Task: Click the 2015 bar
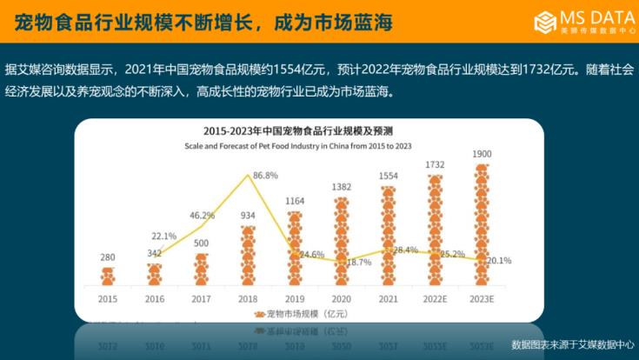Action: (x=108, y=277)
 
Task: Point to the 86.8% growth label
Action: (x=264, y=175)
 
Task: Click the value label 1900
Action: (x=483, y=155)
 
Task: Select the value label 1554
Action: (x=389, y=176)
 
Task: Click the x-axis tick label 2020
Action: (x=342, y=299)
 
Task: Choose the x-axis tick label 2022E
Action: (x=436, y=299)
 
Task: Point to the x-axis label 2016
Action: (x=155, y=299)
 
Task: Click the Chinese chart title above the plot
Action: (x=296, y=131)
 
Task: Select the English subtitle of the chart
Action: (x=296, y=146)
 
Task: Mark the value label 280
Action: (x=108, y=257)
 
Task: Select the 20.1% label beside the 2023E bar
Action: (x=498, y=260)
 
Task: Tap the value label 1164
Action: (x=295, y=202)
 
